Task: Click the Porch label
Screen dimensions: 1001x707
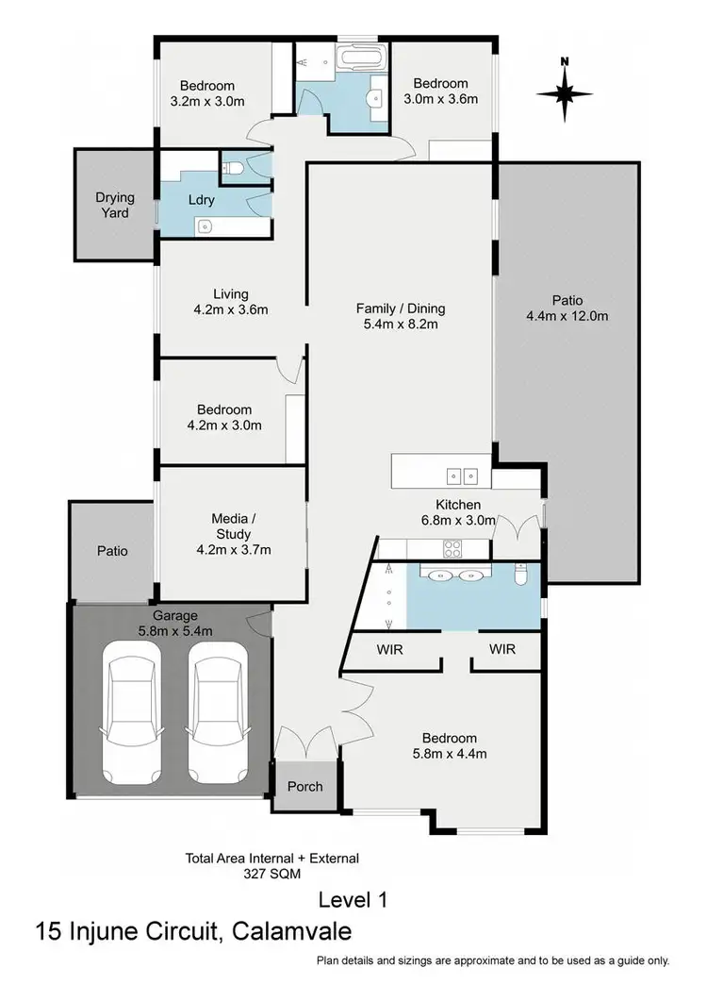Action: [x=304, y=786]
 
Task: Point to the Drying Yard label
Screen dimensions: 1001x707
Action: [x=115, y=206]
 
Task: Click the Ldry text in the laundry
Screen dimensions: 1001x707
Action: [x=202, y=200]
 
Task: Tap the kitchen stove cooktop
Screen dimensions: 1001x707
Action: [x=452, y=547]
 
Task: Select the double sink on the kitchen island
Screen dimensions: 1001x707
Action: [x=462, y=475]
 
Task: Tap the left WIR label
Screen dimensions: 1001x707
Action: [x=388, y=650]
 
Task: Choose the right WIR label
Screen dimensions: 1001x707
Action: [x=502, y=650]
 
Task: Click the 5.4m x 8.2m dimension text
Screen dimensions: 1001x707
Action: [x=401, y=325]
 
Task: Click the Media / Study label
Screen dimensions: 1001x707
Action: [x=231, y=526]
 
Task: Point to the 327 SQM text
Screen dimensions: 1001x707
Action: [x=272, y=875]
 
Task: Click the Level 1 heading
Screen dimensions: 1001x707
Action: [x=354, y=898]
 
